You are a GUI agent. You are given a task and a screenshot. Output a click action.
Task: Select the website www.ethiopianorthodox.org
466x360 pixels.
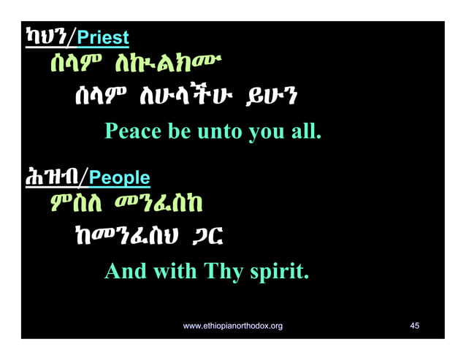232,326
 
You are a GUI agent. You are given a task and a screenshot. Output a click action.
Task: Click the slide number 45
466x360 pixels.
414,326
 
